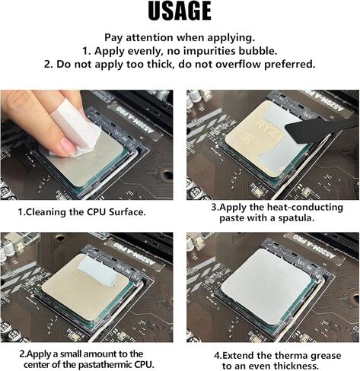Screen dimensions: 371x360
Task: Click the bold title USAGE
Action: tap(179, 12)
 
